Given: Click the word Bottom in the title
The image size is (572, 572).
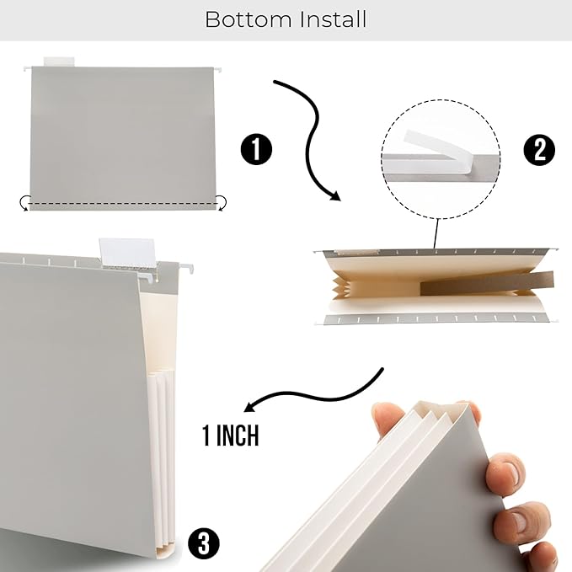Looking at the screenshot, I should click(244, 19).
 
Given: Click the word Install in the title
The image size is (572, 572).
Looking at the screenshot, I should click(329, 19).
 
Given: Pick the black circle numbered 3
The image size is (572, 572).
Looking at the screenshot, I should click(202, 543).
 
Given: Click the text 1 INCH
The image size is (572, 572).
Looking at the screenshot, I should click(230, 436).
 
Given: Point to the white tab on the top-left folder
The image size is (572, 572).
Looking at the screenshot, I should click(59, 61).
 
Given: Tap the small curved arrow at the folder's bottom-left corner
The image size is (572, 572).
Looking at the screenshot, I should click(25, 202).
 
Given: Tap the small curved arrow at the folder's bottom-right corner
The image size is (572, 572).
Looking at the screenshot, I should click(221, 201).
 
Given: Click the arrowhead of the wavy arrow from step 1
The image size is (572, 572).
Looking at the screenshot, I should click(334, 196).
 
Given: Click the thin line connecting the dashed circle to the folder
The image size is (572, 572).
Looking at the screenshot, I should click(436, 232).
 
